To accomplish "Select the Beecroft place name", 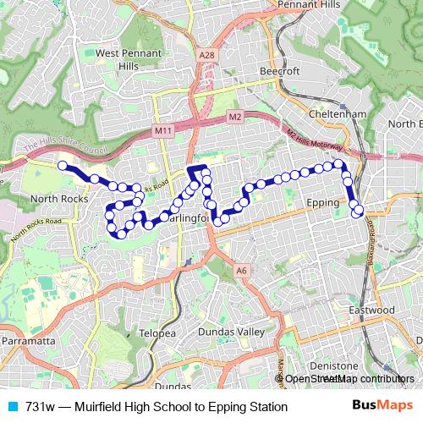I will pos(279,71).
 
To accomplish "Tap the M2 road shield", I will pos(234,116).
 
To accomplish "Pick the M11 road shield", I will pos(162,131).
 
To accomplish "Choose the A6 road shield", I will pos(242,271).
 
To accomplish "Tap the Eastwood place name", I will pos(372,310).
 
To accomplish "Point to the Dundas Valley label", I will pos(231,332).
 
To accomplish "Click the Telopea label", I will pos(157,333).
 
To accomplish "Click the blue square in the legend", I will pos(11,407).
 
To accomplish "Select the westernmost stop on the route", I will pos(63,166).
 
